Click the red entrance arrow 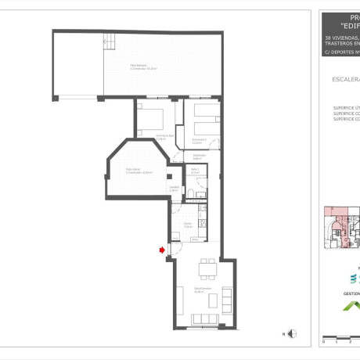point(162,250)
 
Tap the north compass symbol point(291,333)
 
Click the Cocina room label point(188,225)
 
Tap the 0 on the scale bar point(323,342)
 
